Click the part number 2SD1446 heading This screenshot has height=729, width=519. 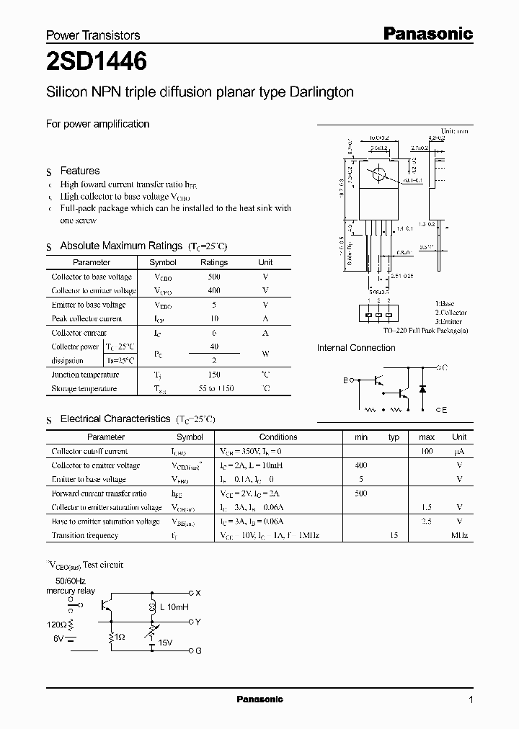[97, 63]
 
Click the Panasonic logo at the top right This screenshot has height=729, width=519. [427, 33]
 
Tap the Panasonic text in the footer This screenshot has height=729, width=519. [259, 699]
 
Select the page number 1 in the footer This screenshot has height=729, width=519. [471, 699]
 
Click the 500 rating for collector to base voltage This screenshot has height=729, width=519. [213, 277]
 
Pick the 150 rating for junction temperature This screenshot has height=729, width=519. [213, 375]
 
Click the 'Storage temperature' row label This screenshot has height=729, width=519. [84, 389]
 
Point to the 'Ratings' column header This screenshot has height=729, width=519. [213, 263]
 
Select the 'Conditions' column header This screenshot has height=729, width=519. [278, 437]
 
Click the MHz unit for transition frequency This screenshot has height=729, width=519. [459, 535]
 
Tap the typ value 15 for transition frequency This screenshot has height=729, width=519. [394, 535]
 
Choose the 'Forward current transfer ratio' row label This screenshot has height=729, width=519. [99, 493]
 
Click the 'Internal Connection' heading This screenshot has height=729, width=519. [356, 348]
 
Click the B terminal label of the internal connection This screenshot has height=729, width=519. [345, 380]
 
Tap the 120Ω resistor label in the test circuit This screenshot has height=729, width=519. [56, 625]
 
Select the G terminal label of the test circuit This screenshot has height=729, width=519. [198, 651]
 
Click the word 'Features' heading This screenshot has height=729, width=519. [79, 171]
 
